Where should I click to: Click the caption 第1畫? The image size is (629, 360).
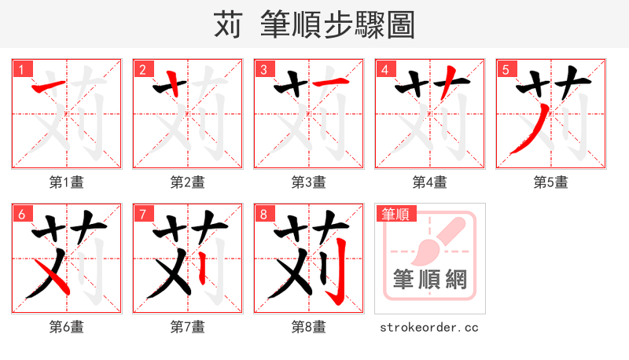click(x=67, y=182)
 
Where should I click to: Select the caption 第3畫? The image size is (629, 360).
click(x=309, y=182)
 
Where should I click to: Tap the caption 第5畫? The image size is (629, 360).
click(x=551, y=182)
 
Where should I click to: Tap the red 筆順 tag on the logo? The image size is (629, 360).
click(x=396, y=213)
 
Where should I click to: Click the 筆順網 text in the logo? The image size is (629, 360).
click(x=430, y=279)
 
